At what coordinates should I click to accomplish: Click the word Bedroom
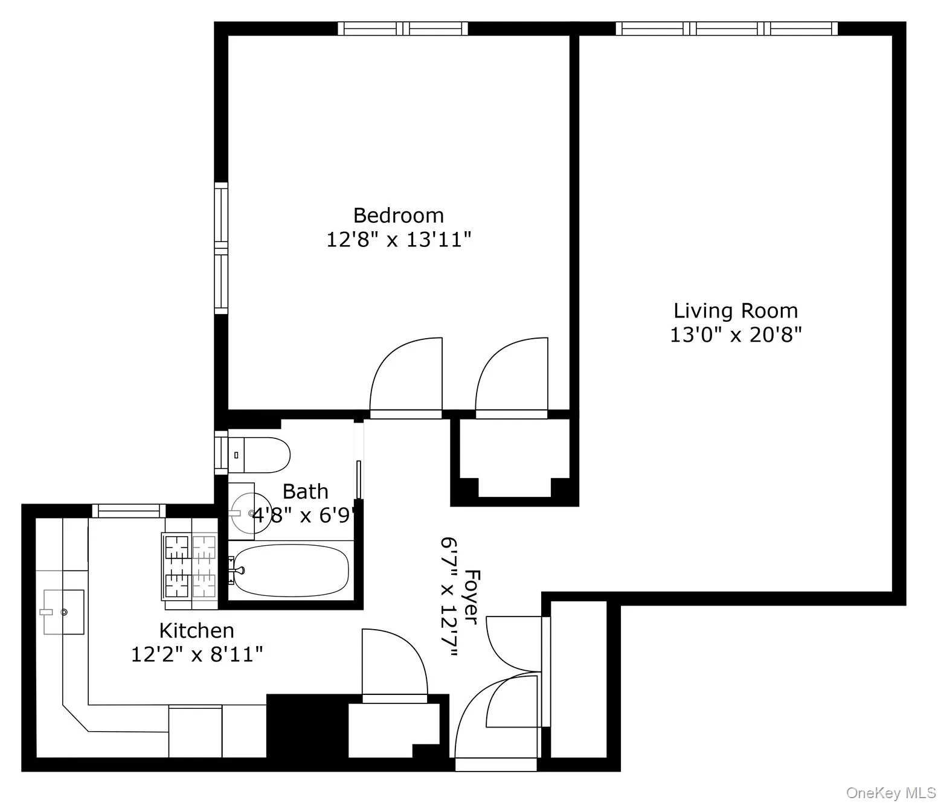tap(398, 216)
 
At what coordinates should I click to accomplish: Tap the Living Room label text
tap(735, 311)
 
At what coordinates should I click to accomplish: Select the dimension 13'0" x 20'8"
tap(735, 334)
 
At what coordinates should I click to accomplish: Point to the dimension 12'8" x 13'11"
tap(398, 240)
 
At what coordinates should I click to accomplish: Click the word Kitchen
tap(196, 630)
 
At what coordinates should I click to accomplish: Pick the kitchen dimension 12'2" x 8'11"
tap(196, 654)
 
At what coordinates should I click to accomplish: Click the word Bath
tap(306, 491)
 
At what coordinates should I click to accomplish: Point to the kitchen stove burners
tap(189, 566)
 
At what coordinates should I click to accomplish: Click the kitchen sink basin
tap(63, 612)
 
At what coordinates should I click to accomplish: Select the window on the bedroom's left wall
tap(222, 248)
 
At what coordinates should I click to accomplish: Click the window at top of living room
tap(727, 28)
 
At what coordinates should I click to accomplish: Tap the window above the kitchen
tap(129, 511)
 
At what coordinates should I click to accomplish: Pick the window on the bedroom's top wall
tap(402, 28)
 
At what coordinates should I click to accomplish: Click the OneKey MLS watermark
tap(890, 792)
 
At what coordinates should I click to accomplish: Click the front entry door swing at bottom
tap(495, 725)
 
